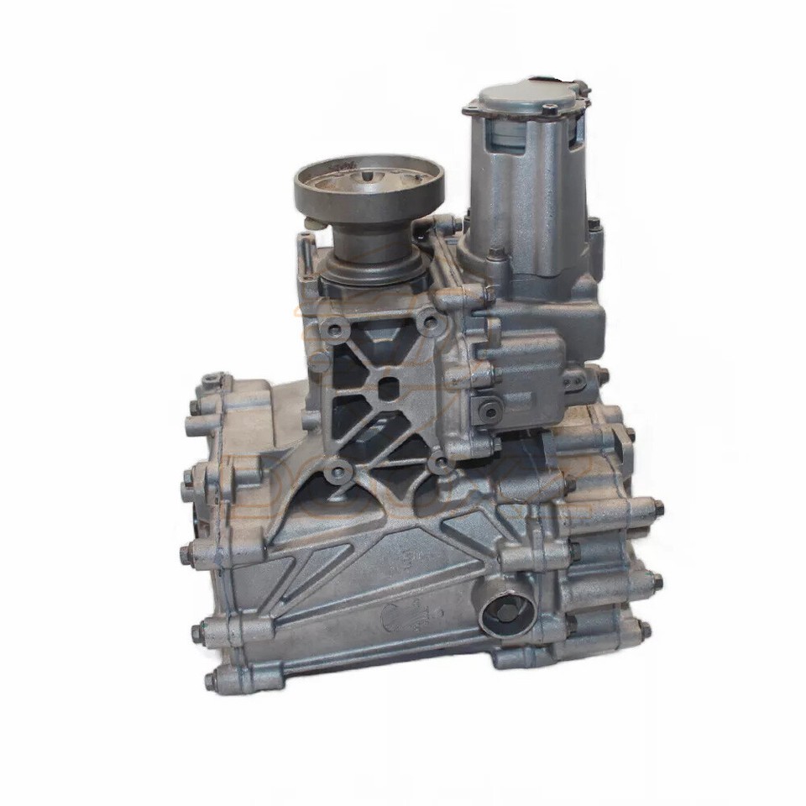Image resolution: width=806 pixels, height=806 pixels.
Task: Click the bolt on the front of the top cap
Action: coord(549,108)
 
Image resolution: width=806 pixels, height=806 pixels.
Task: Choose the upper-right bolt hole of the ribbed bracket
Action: coord(429,320)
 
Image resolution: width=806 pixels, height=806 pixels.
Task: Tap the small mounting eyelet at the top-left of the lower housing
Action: coord(207,383)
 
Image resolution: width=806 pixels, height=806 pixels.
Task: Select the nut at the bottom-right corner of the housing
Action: coord(645,630)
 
